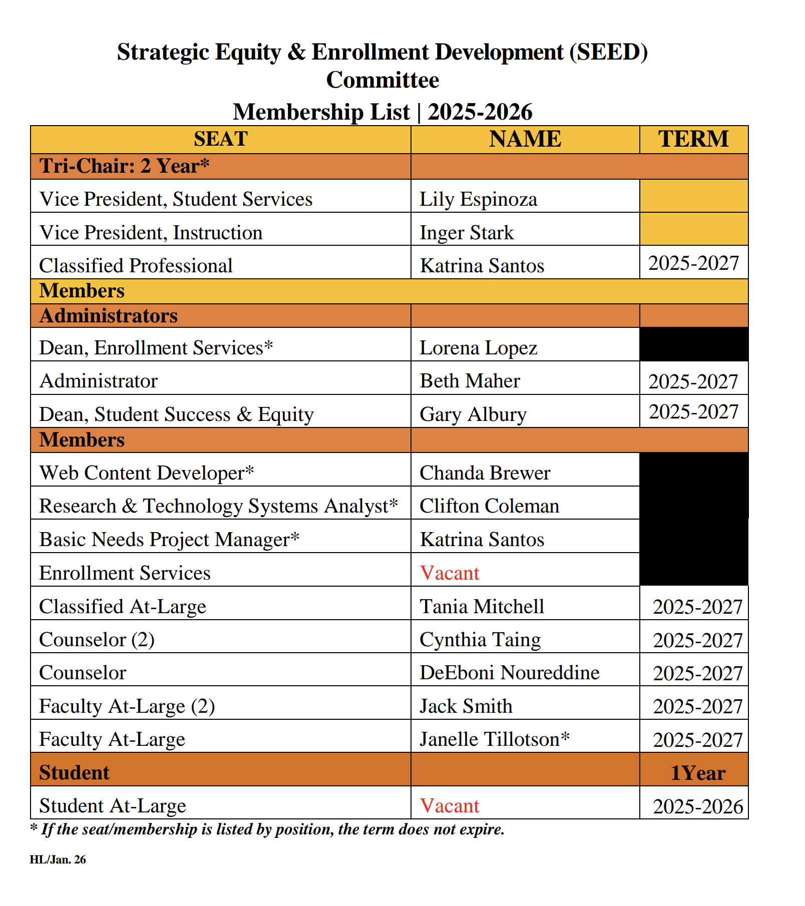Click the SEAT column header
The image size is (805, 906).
220,139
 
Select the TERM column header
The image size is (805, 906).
693,139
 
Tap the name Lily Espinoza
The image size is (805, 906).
478,199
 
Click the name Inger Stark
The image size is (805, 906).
467,233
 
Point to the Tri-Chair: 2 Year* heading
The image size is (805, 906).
124,166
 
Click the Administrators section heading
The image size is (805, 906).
109,316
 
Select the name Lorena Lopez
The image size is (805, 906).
478,348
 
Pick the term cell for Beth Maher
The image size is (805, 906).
693,381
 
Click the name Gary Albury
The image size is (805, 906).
473,414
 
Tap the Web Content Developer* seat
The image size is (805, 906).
147,473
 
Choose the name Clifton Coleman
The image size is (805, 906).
489,506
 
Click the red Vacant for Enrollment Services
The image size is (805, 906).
449,573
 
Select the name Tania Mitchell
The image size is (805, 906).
482,607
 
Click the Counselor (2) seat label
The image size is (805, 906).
97,640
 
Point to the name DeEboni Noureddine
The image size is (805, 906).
509,673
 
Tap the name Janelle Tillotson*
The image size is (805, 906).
495,739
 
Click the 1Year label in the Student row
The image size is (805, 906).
698,773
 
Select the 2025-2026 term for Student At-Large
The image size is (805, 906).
698,806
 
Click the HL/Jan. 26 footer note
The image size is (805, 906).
58,860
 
